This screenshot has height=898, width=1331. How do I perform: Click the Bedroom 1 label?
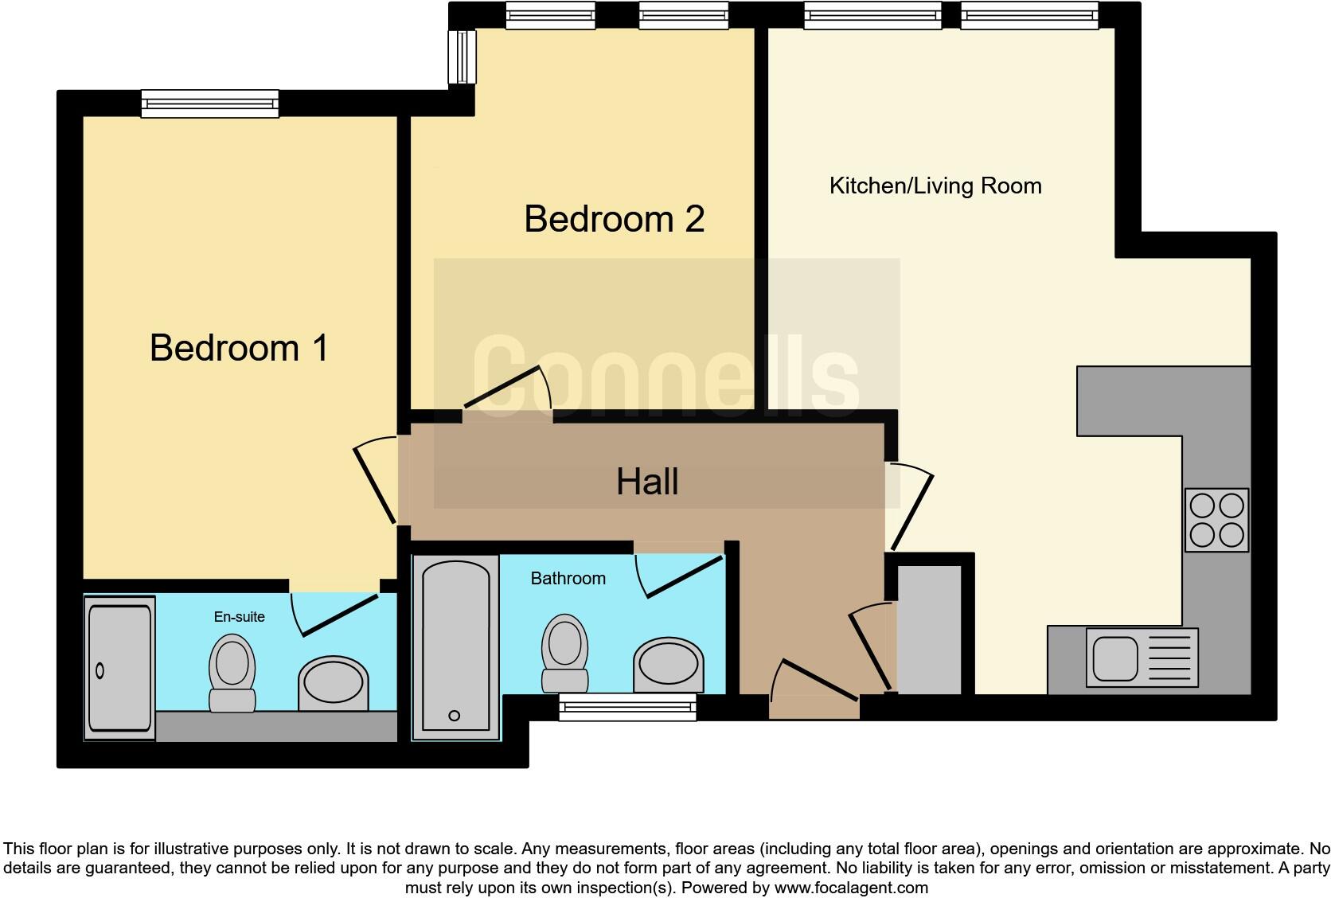239,348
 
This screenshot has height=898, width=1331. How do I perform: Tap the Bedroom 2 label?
614,219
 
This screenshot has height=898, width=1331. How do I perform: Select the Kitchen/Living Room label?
935,185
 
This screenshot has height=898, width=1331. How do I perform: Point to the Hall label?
647,482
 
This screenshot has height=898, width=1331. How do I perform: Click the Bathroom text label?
568,579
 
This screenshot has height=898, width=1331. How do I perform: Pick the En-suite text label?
239,616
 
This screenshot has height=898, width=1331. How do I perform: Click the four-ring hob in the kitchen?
1216,519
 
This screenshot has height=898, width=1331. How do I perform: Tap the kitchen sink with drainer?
1142,658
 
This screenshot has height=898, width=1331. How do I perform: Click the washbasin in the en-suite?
334,685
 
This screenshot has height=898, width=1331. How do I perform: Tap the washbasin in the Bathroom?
669,665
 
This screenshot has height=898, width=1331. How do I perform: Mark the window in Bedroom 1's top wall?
210,103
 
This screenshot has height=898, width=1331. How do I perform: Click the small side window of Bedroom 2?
462,57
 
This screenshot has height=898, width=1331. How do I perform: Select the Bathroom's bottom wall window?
627,707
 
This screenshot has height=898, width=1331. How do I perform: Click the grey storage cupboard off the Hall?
929,629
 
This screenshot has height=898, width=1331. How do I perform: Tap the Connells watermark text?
665,374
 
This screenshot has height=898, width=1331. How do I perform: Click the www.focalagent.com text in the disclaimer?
850,887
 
